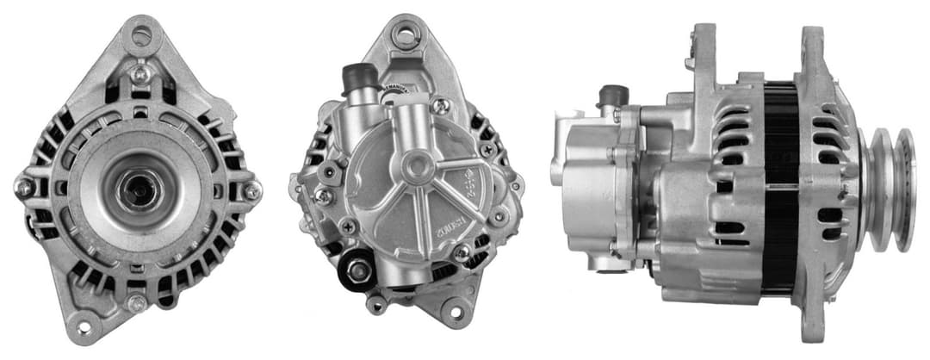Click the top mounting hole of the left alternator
[141, 34]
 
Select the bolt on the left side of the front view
[23, 187]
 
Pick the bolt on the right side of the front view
[251, 190]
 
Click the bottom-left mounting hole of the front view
[84, 326]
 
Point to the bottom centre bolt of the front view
[136, 302]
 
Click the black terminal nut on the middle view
[356, 272]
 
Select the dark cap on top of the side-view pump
[612, 93]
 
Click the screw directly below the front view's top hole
[139, 72]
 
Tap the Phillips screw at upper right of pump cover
[441, 106]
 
